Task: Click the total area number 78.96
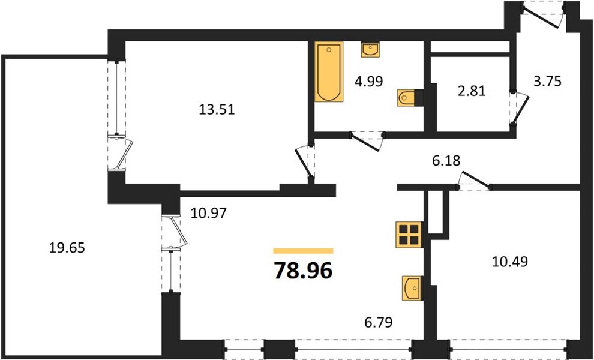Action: [303, 271]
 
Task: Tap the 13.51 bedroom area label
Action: [217, 110]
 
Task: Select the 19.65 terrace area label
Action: [67, 248]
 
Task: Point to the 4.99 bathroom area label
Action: [368, 81]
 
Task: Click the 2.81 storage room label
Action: [472, 91]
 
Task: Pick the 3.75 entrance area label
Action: [547, 82]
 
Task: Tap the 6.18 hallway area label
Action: [446, 161]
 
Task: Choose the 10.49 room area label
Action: [510, 262]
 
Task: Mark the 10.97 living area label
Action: [208, 214]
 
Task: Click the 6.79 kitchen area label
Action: [378, 322]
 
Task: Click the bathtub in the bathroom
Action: [329, 71]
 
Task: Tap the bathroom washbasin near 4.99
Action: [370, 50]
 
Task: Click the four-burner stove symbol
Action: [409, 235]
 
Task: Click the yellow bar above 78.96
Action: [303, 251]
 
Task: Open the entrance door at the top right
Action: [542, 15]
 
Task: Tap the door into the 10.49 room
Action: [473, 181]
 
